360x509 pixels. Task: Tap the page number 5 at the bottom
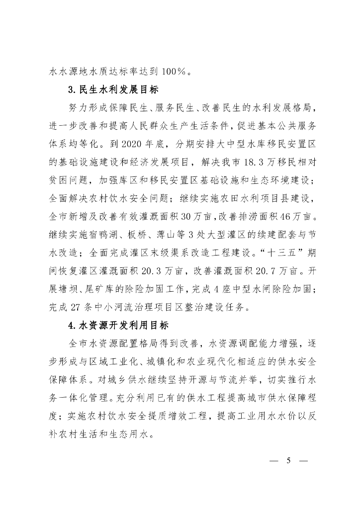click(x=287, y=459)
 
